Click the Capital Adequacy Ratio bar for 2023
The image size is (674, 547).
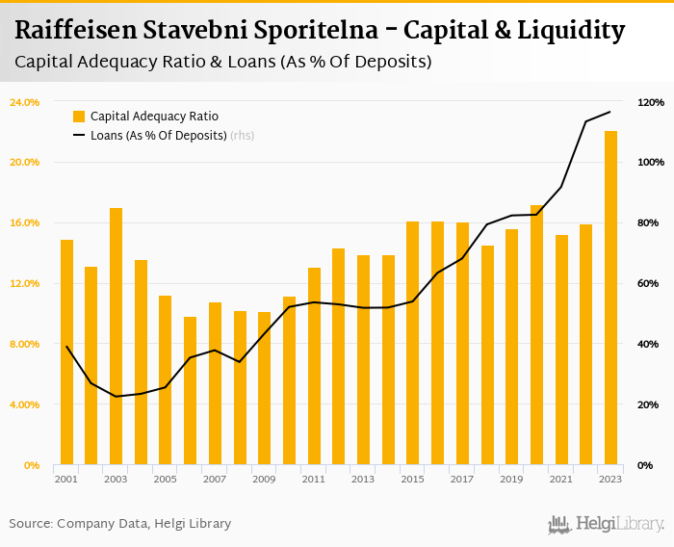pyautogui.click(x=610, y=299)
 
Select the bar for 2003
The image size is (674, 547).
pyautogui.click(x=116, y=337)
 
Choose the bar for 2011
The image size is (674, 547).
pyautogui.click(x=314, y=367)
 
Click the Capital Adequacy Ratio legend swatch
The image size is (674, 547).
pyautogui.click(x=79, y=117)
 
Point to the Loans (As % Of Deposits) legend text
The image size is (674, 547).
pyautogui.click(x=158, y=136)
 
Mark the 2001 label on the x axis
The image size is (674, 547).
pyautogui.click(x=66, y=480)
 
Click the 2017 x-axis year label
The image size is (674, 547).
pyautogui.click(x=462, y=480)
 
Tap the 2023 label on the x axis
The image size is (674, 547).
pyautogui.click(x=610, y=480)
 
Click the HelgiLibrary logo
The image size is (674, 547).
pyautogui.click(x=607, y=524)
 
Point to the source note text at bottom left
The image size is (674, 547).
pyautogui.click(x=120, y=524)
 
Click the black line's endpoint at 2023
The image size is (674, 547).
pyautogui.click(x=610, y=113)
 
